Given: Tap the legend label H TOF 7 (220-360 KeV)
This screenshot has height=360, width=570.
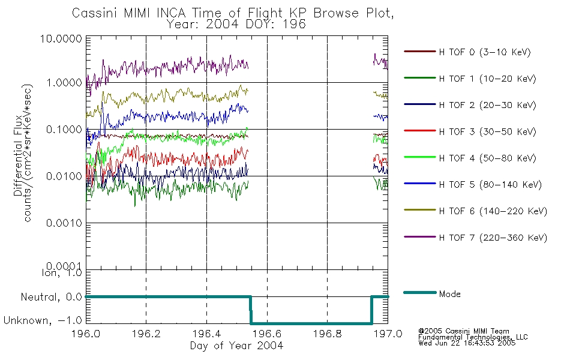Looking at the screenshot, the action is [x=493, y=238].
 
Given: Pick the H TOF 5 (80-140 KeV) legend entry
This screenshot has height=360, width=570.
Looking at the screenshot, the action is [x=490, y=185].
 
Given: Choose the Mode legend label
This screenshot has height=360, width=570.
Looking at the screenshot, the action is [x=449, y=294].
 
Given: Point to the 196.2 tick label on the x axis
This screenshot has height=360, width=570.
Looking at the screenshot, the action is [x=146, y=334].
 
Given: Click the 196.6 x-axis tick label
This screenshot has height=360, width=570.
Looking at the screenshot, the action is [x=267, y=334].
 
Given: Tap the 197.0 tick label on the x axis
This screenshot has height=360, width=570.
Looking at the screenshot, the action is [x=388, y=334].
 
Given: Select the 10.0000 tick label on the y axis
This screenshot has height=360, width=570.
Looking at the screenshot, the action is [x=61, y=38].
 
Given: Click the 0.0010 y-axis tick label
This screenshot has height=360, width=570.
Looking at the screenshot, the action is [x=64, y=223].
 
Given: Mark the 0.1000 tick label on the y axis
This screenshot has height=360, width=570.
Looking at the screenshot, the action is [x=64, y=130].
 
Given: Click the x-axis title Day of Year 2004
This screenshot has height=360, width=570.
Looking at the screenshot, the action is [x=236, y=346].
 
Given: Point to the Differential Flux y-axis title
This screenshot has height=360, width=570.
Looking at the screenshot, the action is [x=18, y=155].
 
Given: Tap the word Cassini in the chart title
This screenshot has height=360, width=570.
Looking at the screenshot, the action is [x=95, y=13].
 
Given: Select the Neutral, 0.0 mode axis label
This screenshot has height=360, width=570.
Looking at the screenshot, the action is [x=51, y=297].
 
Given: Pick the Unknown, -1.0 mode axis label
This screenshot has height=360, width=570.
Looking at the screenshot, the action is [x=43, y=320].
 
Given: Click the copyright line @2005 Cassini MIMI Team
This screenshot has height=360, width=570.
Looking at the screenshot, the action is [x=464, y=331].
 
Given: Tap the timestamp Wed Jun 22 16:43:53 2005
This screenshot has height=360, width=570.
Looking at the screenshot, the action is [x=467, y=343].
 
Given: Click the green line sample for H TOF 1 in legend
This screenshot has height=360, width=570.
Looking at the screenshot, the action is [x=420, y=78].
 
